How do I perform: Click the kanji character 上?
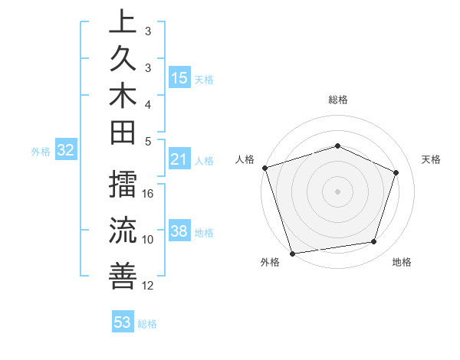pos(123,22)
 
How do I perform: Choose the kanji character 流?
pos(123,229)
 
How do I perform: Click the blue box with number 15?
pos(179,77)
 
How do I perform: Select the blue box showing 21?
pos(179,159)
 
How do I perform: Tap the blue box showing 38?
pos(179,231)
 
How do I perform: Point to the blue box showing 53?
pos(123,322)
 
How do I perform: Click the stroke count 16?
pos(149,193)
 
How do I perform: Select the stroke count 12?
pos(149,286)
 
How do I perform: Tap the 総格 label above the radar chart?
pos(337,100)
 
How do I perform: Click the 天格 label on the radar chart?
pos(431,159)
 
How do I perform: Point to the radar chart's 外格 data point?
pos(292,253)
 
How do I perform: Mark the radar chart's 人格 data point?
pos(264,168)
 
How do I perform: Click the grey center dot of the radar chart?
pos(337,191)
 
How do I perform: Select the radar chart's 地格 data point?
pos(374,242)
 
